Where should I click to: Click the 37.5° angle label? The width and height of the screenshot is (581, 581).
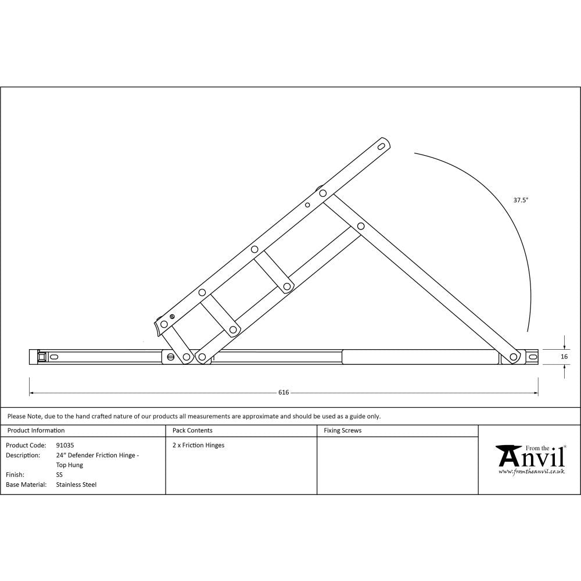521,200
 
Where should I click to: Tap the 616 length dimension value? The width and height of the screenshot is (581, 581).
284,393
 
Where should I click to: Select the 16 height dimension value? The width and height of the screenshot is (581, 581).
564,357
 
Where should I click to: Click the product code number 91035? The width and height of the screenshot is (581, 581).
65,445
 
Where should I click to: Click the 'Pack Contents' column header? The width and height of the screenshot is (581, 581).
192,431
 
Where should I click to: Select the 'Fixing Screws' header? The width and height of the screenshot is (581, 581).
343,431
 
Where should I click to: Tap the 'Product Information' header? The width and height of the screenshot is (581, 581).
35,431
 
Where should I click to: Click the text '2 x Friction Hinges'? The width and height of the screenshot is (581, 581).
198,445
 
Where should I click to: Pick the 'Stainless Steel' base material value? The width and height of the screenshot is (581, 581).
77,484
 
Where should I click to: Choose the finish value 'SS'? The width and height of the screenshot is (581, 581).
59,475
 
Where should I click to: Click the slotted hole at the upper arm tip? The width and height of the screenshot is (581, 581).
382,146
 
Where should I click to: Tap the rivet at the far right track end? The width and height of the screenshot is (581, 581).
514,357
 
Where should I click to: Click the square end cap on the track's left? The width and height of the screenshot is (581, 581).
41,357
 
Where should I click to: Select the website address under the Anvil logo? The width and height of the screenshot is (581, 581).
531,472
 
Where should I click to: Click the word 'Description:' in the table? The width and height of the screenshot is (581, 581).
23,455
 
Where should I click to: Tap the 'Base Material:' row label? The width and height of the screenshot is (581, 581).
26,484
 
